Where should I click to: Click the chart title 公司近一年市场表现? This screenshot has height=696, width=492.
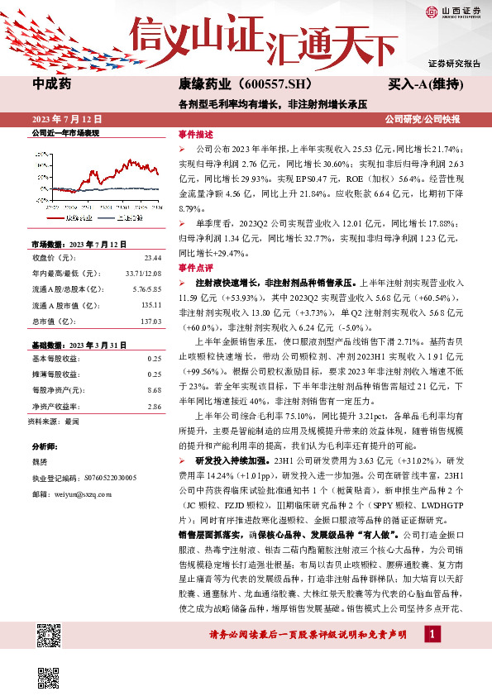click(x=64, y=133)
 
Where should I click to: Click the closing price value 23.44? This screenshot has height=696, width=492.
click(x=153, y=258)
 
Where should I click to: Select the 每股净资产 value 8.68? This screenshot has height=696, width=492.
click(x=154, y=389)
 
